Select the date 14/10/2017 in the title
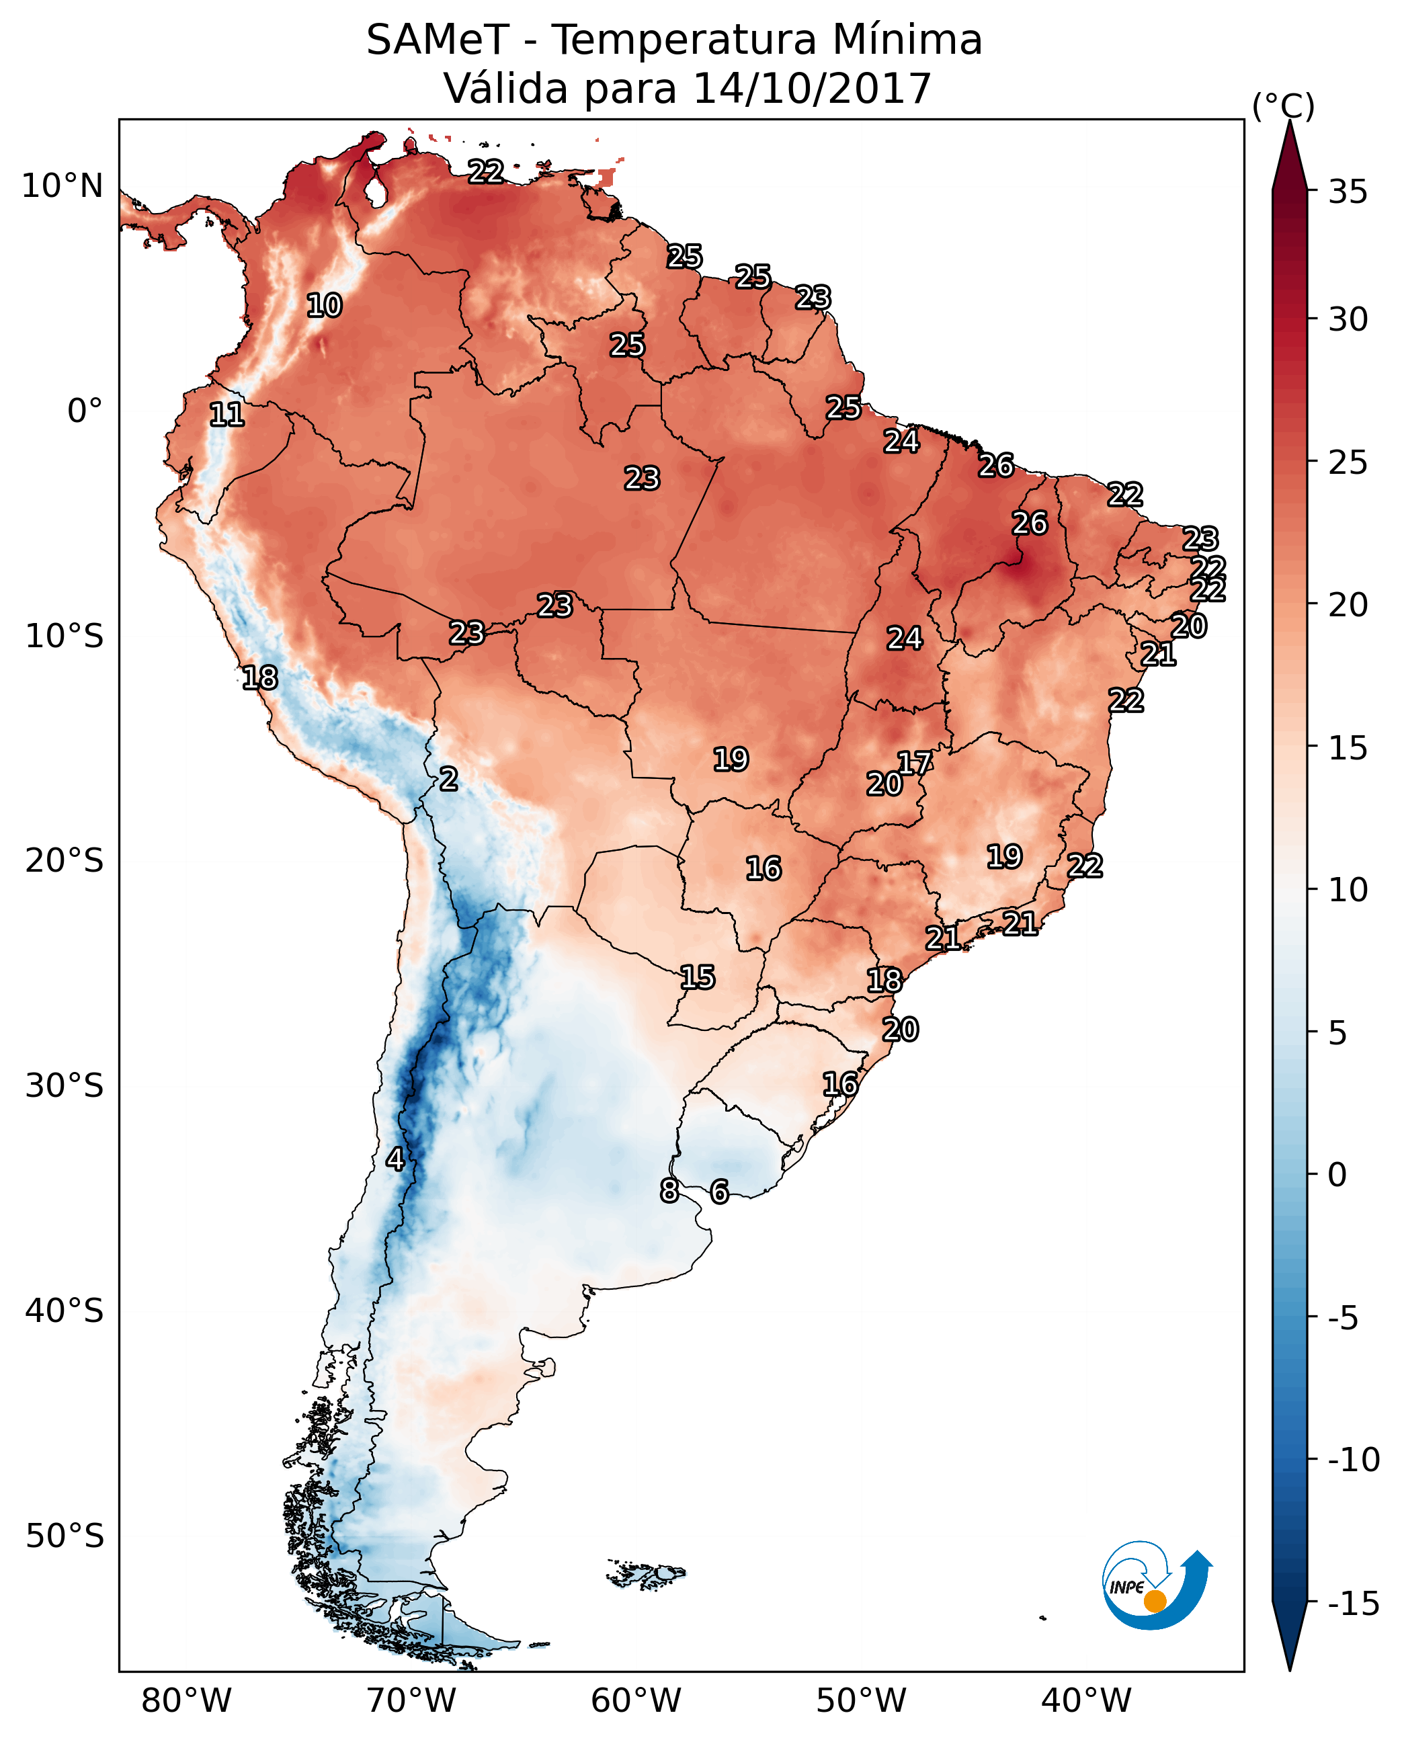click(x=812, y=89)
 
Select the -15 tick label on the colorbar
click(x=1353, y=1604)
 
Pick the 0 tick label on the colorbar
click(x=1337, y=1175)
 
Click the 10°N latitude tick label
click(x=63, y=187)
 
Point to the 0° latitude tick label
click(x=85, y=411)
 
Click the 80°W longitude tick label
click(x=187, y=1701)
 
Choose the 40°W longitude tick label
click(x=1086, y=1701)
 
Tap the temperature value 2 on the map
click(x=449, y=780)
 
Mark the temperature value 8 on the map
click(x=669, y=1190)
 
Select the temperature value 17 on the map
click(x=915, y=763)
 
